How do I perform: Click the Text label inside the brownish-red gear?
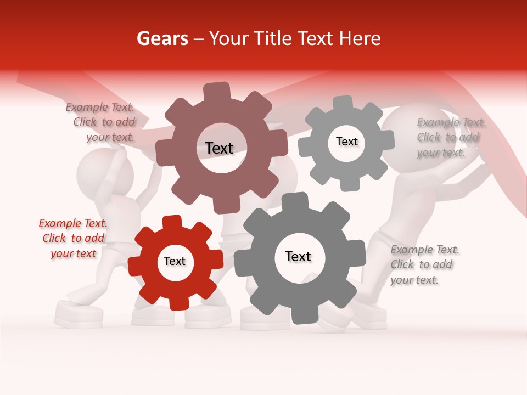219,148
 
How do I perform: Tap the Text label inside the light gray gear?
346,142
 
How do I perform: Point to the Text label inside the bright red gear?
175,261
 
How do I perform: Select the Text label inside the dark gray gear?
298,256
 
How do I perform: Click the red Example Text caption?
73,238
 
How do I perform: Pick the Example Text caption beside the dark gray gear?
424,264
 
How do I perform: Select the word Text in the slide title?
317,38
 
